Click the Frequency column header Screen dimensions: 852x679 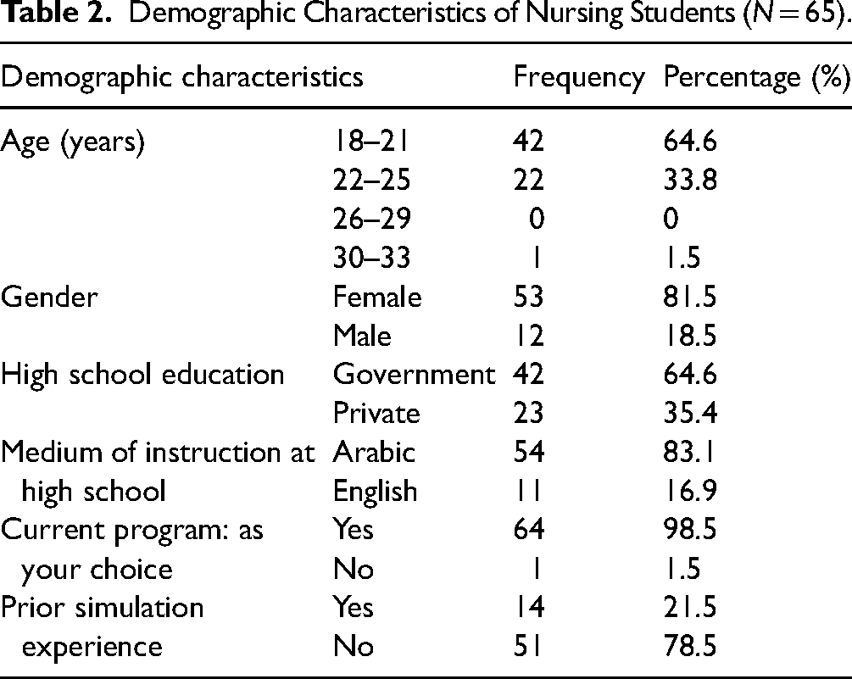[579, 78]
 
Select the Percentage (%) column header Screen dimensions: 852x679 [757, 78]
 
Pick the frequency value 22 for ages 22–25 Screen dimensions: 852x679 [528, 180]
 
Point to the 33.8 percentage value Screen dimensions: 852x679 [690, 180]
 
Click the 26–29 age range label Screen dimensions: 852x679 [371, 219]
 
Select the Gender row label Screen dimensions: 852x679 [49, 298]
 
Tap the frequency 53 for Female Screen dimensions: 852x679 [528, 297]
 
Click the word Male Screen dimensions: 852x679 [362, 335]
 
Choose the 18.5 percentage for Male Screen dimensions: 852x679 [690, 335]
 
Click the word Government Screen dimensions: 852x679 [414, 375]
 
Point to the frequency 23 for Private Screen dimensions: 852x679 [528, 413]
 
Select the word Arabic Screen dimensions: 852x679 [375, 452]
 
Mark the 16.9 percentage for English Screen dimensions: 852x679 [690, 491]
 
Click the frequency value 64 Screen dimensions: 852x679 [529, 529]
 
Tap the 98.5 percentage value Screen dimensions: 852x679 [690, 529]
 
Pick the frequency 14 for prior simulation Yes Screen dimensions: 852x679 [529, 607]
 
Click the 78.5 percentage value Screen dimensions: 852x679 [690, 646]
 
